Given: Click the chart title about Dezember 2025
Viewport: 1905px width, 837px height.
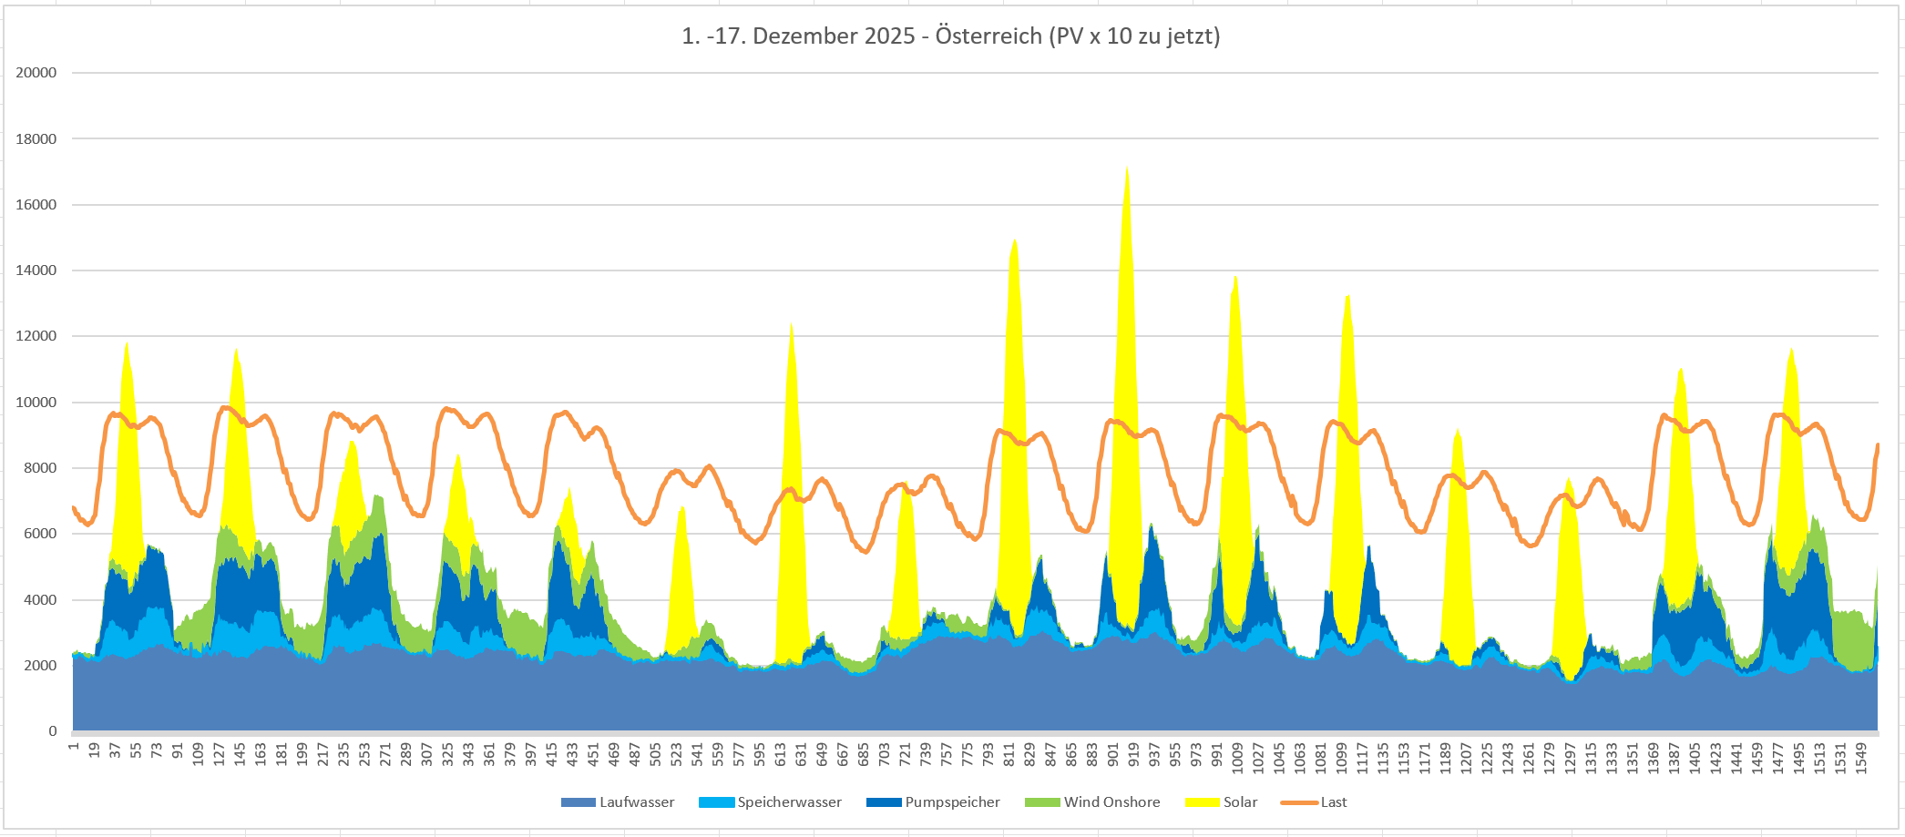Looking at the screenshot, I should [950, 36].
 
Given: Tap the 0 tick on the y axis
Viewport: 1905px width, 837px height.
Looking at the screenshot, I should [53, 731].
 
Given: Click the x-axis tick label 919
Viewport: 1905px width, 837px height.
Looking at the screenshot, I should [1133, 754].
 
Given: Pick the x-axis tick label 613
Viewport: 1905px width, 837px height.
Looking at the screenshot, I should [781, 754].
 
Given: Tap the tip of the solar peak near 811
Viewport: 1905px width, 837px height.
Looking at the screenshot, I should [1015, 240].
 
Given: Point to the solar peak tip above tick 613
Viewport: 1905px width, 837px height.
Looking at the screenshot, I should [791, 322].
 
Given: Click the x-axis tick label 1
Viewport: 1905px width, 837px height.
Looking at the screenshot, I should [74, 747].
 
